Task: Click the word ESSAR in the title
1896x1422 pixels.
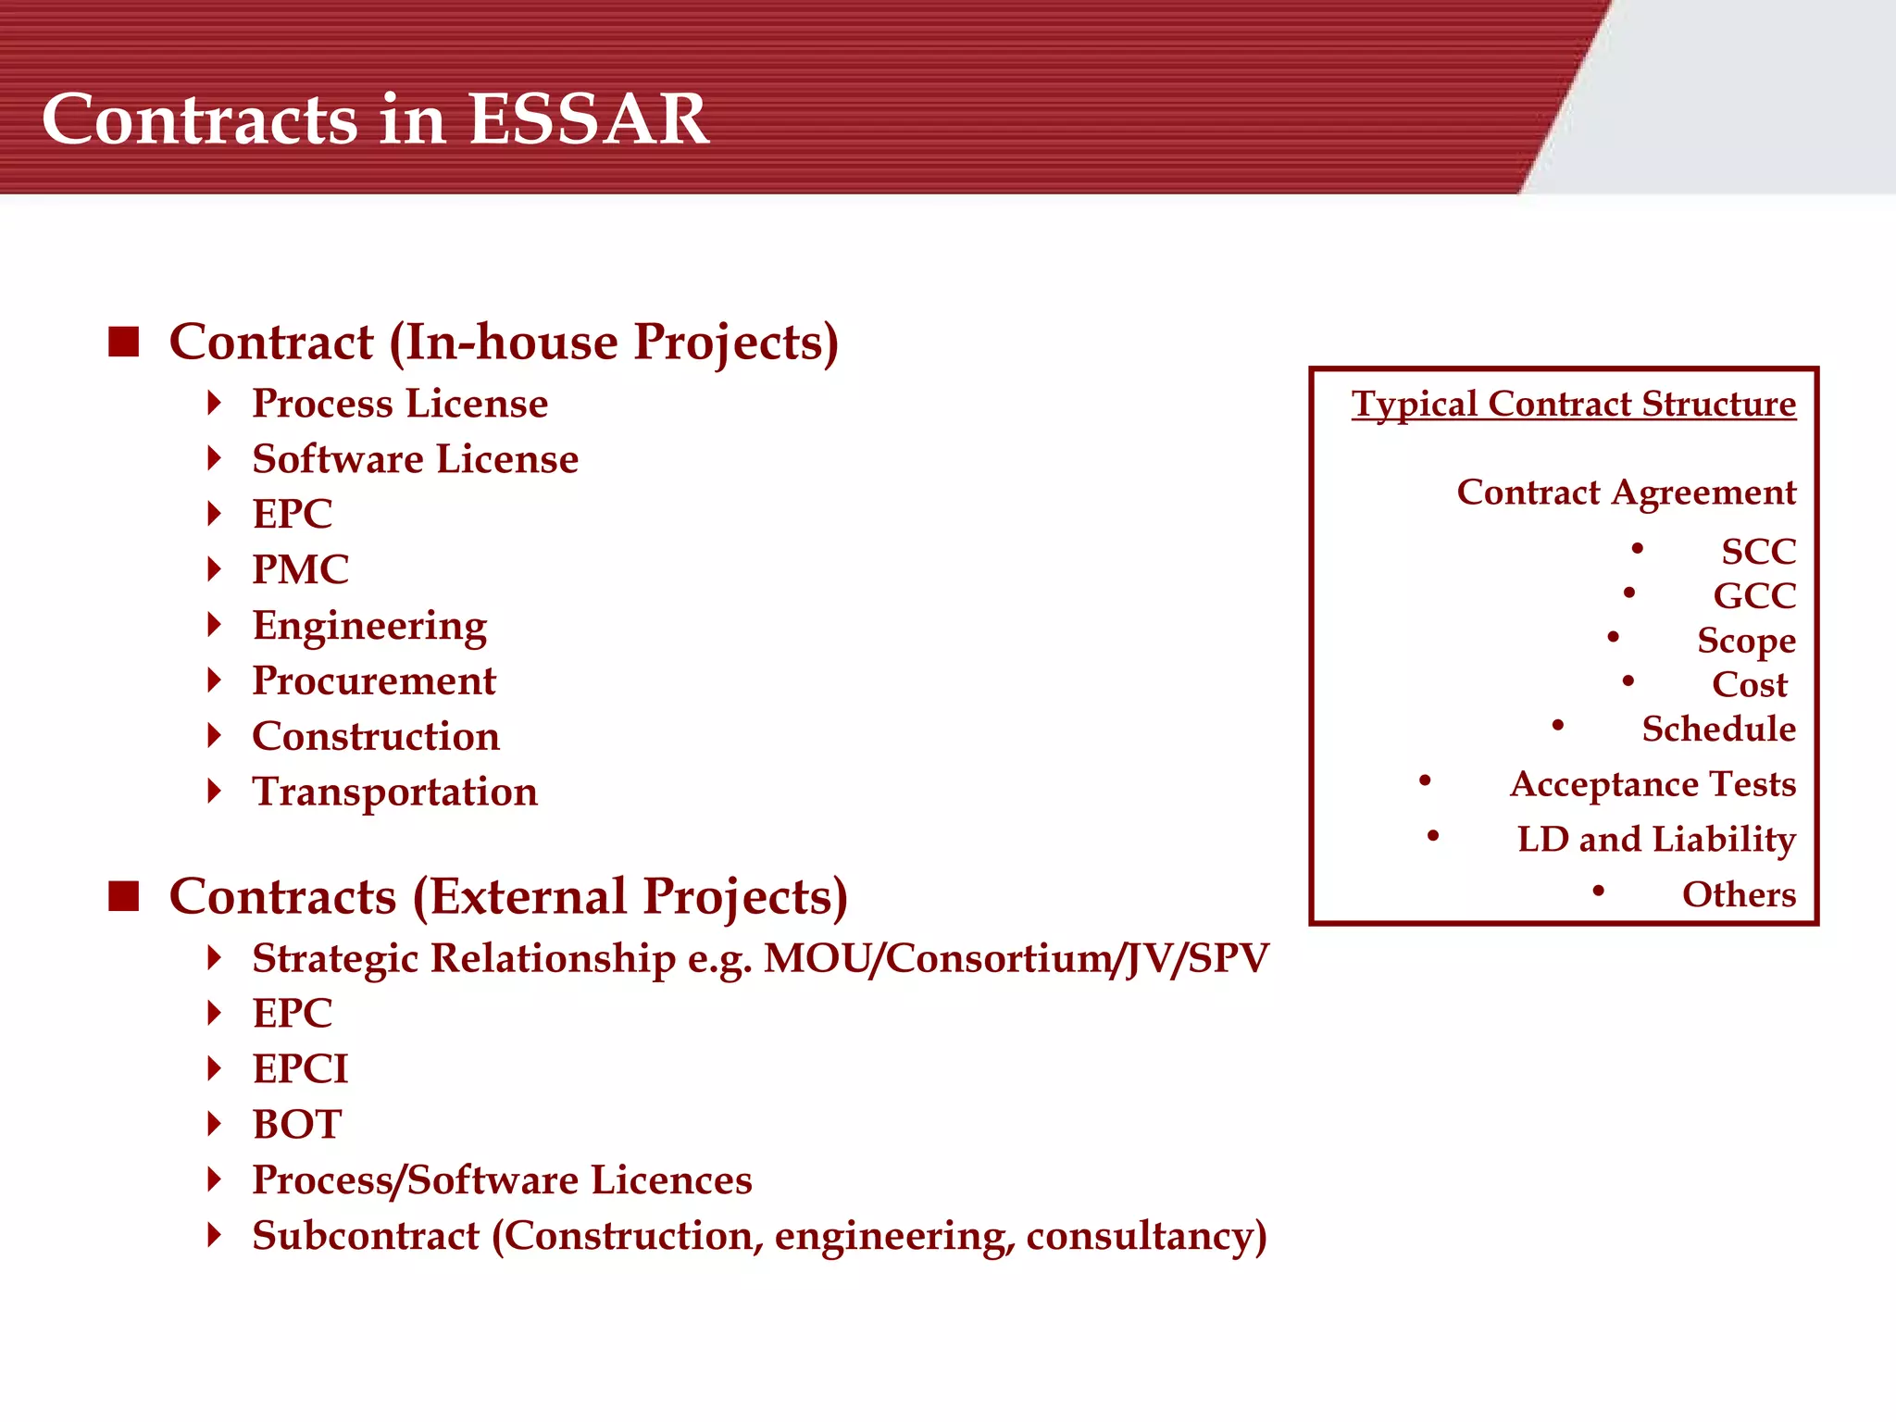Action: coord(588,120)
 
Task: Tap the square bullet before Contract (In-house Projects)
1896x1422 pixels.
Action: coord(123,342)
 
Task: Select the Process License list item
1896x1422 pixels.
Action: coord(400,404)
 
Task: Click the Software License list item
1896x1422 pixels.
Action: coord(415,459)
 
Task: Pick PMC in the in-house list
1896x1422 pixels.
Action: coord(301,569)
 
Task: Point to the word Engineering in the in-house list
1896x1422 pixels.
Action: coord(369,627)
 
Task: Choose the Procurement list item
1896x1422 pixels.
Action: coord(374,681)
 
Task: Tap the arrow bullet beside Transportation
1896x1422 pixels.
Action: coord(215,792)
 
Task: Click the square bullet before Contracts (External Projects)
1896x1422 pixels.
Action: coord(123,896)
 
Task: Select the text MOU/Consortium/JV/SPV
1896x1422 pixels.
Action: coord(1016,958)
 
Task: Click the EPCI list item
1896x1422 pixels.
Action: coord(300,1069)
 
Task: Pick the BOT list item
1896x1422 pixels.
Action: coord(297,1125)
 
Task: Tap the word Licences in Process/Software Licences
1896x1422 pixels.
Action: coord(671,1180)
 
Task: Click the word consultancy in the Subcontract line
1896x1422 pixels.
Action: coord(1145,1237)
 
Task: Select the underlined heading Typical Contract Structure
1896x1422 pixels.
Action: coord(1573,405)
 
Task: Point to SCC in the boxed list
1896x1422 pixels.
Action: coord(1758,552)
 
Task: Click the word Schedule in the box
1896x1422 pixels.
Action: coord(1718,730)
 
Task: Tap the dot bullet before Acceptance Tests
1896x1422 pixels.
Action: coord(1425,782)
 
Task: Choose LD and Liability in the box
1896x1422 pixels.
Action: coord(1655,840)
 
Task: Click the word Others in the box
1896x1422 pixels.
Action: coord(1738,895)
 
